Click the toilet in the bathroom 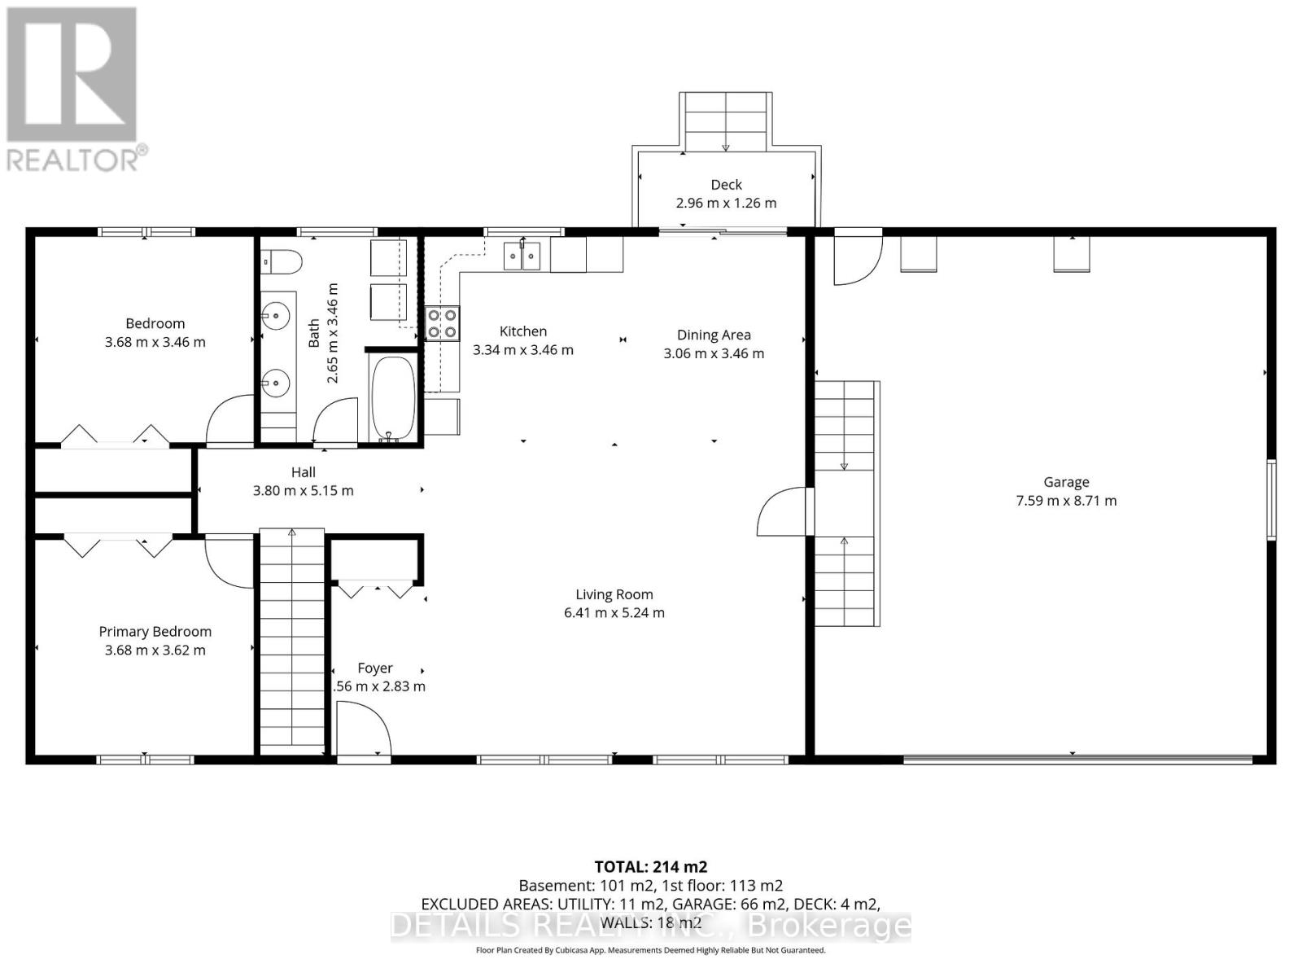[x=282, y=261]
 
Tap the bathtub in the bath [x=393, y=398]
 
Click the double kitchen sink [x=522, y=256]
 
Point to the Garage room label [x=1066, y=482]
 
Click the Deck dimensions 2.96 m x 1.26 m [x=726, y=203]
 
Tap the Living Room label [x=614, y=594]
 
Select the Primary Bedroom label [x=155, y=631]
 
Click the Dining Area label [x=714, y=335]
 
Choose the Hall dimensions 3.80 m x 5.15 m [x=303, y=490]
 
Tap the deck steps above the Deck [x=726, y=121]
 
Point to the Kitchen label [x=523, y=331]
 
